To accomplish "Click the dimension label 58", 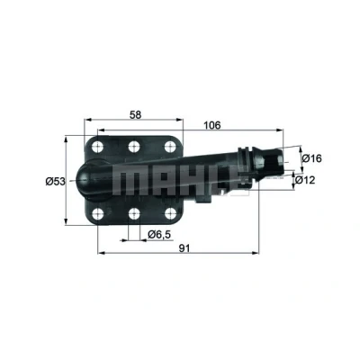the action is click(135, 114).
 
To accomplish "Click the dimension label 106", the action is click(212, 125).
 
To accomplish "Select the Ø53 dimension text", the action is click(55, 181).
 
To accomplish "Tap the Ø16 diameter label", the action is click(311, 158).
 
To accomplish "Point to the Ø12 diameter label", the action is click(305, 180).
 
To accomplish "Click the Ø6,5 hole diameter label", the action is click(161, 234).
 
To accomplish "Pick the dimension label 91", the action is click(184, 248).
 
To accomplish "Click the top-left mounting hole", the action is click(97, 147).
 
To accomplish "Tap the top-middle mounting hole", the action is click(134, 147).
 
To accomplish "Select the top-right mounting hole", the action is click(170, 147).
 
